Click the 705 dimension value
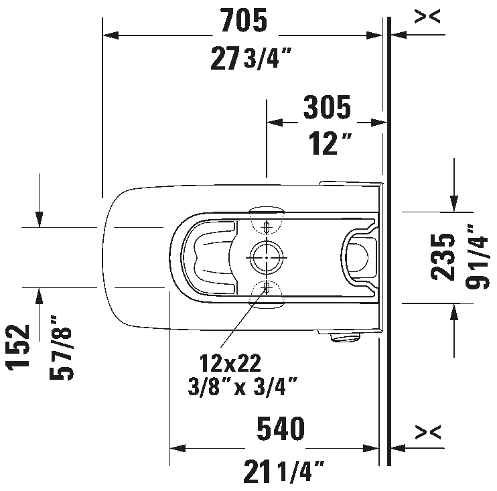click(x=244, y=20)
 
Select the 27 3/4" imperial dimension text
click(x=251, y=58)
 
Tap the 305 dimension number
click(x=327, y=107)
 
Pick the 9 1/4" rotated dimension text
click(x=478, y=257)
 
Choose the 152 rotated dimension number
click(x=17, y=348)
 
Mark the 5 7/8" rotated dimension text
click(x=61, y=348)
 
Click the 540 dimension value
click(x=281, y=429)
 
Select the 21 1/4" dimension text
click(x=284, y=472)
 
